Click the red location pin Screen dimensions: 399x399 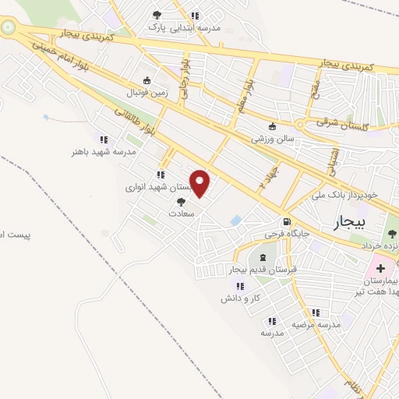201,183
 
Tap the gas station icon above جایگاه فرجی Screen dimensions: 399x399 288,221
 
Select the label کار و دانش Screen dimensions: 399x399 240,298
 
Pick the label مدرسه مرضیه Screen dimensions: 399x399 316,323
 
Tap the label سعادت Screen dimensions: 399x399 182,212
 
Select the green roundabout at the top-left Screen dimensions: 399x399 9,29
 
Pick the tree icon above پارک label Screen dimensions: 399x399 157,15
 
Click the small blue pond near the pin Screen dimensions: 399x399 235,221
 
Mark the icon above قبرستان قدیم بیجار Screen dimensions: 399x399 262,258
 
